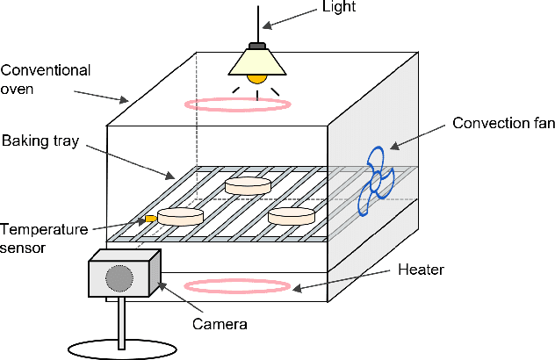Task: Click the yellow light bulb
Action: click(256, 78)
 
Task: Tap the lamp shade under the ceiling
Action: click(256, 61)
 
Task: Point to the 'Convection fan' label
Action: click(503, 123)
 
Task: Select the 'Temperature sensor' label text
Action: click(44, 238)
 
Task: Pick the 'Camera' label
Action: click(220, 324)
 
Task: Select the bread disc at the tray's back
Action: click(248, 185)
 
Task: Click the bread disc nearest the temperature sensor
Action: click(180, 216)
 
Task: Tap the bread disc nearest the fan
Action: click(291, 215)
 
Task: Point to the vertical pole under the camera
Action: click(120, 320)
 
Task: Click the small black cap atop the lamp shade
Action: click(256, 44)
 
